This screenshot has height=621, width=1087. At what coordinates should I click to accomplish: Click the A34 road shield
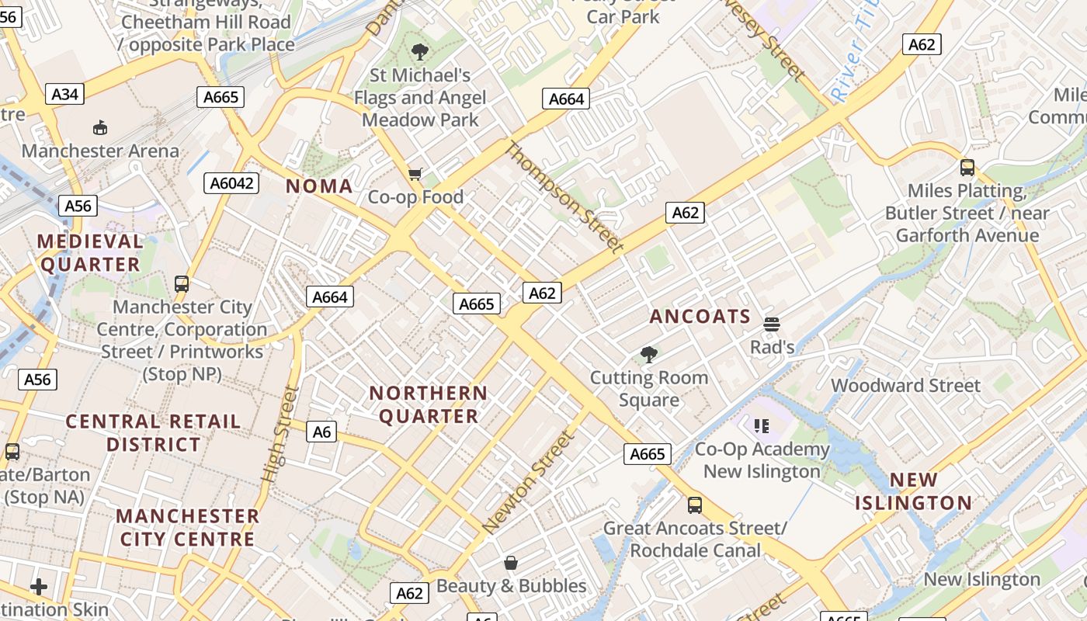(x=65, y=95)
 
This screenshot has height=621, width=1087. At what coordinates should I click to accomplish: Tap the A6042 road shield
(x=231, y=183)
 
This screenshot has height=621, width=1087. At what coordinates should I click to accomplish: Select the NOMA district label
(x=319, y=186)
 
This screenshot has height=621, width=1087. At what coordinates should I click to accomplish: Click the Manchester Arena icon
(x=100, y=128)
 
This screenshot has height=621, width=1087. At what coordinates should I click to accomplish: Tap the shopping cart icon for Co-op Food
(x=415, y=174)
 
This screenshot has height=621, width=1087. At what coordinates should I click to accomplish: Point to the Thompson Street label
(x=564, y=197)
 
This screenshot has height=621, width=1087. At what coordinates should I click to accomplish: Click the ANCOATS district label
(x=700, y=317)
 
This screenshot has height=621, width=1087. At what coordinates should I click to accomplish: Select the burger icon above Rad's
(x=771, y=324)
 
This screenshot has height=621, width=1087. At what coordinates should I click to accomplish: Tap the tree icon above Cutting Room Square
(x=649, y=356)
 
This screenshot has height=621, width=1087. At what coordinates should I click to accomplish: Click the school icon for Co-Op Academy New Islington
(x=761, y=425)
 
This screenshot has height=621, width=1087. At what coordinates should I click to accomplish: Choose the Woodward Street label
(x=905, y=386)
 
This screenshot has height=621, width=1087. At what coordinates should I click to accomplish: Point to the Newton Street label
(x=530, y=482)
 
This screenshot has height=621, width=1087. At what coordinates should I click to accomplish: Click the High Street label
(x=280, y=433)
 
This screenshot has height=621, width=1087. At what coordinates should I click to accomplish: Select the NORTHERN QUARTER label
(x=429, y=404)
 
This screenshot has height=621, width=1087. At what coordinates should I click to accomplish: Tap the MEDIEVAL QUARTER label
(x=90, y=253)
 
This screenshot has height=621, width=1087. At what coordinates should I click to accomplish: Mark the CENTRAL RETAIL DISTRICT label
(x=153, y=433)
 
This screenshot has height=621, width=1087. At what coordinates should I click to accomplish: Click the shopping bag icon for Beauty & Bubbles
(x=511, y=563)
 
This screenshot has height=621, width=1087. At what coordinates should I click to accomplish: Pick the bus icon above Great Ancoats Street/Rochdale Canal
(x=695, y=505)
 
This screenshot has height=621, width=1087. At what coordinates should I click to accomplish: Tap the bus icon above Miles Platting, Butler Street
(x=967, y=168)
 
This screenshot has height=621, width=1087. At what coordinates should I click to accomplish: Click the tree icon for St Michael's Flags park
(x=420, y=53)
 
